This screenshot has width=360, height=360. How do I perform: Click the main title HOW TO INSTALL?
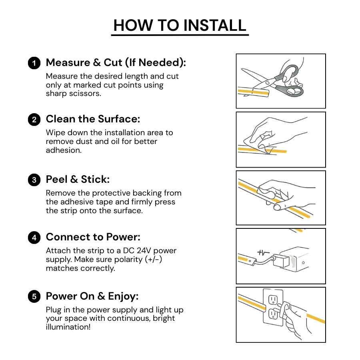tap(180, 25)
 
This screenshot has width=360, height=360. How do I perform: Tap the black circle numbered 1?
tap(34, 63)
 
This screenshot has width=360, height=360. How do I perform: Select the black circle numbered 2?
tap(34, 120)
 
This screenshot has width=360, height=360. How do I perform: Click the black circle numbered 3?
tap(34, 180)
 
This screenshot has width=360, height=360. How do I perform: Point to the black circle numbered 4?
tap(34, 238)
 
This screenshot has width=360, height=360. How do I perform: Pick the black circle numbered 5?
tap(34, 296)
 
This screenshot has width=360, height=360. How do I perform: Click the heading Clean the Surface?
tap(93, 119)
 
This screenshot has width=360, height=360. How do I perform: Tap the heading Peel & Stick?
tap(78, 179)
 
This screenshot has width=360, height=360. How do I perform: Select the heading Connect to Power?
tap(93, 237)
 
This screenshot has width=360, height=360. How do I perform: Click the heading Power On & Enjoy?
tap(92, 296)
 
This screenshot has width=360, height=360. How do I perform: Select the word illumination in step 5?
tap(67, 327)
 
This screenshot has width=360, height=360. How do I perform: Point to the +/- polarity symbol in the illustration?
tap(263, 253)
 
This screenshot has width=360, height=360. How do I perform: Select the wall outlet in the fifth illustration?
tap(273, 306)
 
